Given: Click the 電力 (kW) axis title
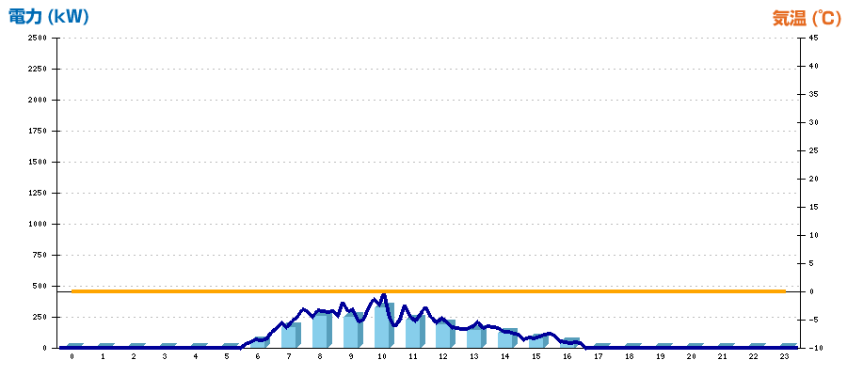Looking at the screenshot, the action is coord(49,17).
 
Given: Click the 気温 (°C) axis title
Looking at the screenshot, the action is coord(807,19).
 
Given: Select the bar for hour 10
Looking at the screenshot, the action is coord(384,325).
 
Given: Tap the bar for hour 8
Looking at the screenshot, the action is coord(323,329).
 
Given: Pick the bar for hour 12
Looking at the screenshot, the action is coord(446,334).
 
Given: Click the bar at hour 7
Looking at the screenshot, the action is coord(291,335).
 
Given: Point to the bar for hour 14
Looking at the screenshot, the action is coord(508,337).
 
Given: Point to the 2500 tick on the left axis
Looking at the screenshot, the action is coord(38,38).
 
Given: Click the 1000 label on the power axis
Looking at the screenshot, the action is coord(38,224).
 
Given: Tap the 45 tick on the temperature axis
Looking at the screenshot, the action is coord(813,38).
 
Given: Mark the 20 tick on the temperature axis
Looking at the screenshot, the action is coord(813,179).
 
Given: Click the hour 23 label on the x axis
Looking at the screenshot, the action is coord(784,356).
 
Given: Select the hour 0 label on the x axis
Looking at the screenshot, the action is coord(72,356).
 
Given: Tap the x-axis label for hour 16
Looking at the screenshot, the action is coord(567,356).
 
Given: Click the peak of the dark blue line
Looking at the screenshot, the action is coord(384,294).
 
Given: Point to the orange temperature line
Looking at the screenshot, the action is coord(428,291).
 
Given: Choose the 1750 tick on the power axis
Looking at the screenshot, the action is coord(38,131).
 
